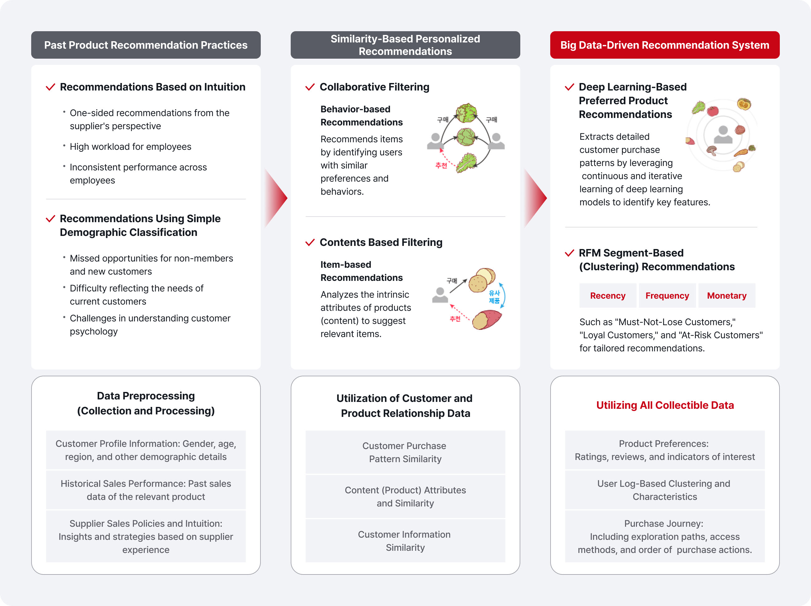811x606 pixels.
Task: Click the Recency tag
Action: point(608,295)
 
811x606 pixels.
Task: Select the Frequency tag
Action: point(667,295)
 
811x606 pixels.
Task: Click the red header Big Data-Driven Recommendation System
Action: point(664,45)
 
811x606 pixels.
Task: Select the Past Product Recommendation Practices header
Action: point(146,45)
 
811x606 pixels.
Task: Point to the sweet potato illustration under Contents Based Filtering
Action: point(487,320)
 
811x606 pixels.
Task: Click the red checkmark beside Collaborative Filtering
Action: point(310,87)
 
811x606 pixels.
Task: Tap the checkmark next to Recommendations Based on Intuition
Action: point(50,87)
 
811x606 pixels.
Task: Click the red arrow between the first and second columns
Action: point(276,198)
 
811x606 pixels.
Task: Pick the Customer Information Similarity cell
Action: point(405,541)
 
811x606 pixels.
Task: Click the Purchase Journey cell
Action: point(664,536)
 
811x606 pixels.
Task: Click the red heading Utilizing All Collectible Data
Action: point(665,405)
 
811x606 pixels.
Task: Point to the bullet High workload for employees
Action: point(130,147)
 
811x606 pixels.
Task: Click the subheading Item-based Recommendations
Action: point(361,271)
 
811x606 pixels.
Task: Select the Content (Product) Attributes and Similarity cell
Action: point(405,496)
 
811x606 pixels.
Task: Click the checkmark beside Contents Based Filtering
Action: point(310,242)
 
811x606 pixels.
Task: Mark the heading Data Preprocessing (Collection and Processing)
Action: point(146,403)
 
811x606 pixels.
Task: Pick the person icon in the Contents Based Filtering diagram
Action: point(440,295)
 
